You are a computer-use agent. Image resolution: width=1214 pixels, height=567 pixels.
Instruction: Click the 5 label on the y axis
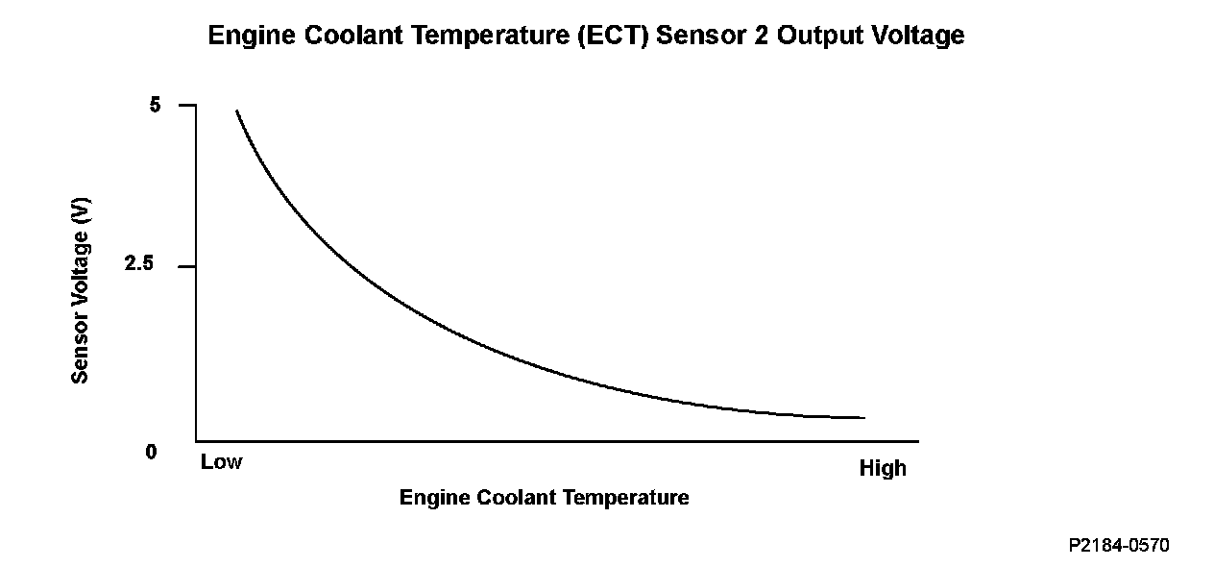[x=156, y=105]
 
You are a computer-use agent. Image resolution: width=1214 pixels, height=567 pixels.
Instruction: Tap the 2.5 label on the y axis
[x=139, y=265]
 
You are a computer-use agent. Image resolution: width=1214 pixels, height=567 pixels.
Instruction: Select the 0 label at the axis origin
[x=151, y=452]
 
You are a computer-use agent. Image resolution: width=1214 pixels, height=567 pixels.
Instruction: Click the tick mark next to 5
[x=187, y=105]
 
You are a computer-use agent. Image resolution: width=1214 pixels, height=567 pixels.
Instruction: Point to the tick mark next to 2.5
[x=187, y=266]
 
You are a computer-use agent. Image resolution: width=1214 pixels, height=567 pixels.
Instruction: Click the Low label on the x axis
[x=222, y=462]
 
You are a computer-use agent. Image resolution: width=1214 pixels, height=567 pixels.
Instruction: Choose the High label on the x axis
[x=883, y=469]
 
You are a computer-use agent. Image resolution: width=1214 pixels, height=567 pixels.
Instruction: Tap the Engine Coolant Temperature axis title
[x=544, y=498]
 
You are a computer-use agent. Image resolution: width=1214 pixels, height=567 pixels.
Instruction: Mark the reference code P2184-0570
[x=1119, y=546]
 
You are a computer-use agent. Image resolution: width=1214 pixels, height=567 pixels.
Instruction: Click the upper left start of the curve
[x=237, y=111]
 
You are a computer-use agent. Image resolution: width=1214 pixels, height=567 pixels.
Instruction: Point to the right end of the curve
[x=863, y=418]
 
